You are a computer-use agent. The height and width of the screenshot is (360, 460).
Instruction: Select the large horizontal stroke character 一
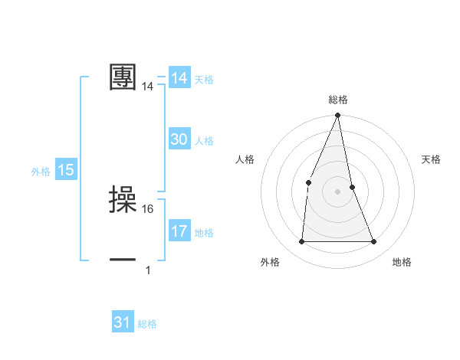coord(123,260)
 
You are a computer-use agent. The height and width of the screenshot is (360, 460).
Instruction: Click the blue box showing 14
coord(179,78)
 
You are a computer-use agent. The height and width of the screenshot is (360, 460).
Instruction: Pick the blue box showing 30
coord(179,139)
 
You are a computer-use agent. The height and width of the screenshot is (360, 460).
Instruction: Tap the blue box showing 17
coord(179,231)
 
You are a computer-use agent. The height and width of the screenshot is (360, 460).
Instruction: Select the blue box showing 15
coord(66,170)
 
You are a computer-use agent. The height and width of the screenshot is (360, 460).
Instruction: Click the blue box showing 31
coord(123,322)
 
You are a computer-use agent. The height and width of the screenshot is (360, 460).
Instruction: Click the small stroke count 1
coord(148,270)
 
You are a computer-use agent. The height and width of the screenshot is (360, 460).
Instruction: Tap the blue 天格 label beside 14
coord(204,80)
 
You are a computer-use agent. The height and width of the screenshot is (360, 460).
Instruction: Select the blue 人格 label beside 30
coord(204,141)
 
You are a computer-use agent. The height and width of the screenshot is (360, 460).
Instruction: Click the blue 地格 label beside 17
coord(204,233)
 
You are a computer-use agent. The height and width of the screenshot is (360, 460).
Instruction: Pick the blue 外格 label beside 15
coord(41,172)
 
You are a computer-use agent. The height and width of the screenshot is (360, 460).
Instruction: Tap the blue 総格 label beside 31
coord(147,324)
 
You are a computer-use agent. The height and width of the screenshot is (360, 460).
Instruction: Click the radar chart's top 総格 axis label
coord(338,100)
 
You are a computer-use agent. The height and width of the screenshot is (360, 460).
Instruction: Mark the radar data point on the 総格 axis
coord(338,116)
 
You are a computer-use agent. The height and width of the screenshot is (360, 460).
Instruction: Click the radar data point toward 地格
coord(374,242)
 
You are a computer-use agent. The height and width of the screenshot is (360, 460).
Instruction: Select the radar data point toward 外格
coord(301,242)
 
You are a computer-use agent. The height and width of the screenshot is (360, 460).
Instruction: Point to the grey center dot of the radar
coord(338,191)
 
